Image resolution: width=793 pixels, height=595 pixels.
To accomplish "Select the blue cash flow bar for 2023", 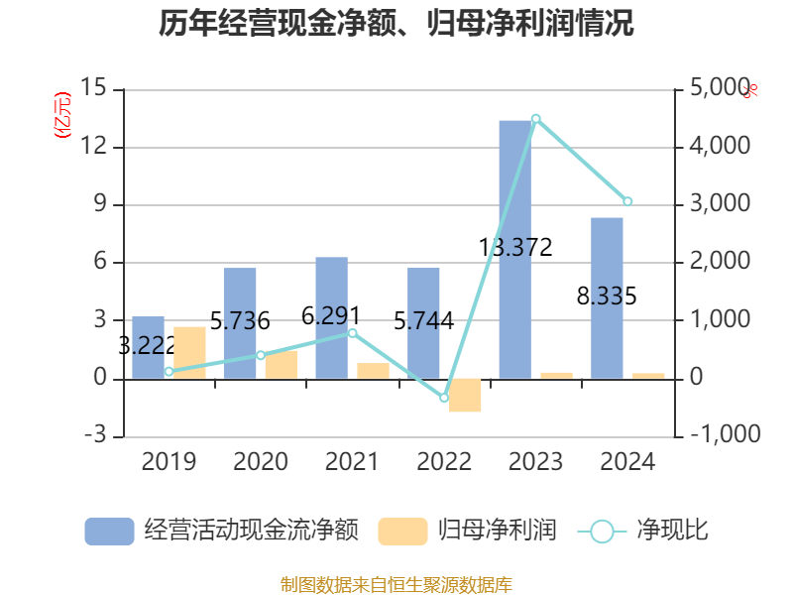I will (x=515, y=249).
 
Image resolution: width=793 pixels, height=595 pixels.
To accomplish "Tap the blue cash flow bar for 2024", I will (x=607, y=297).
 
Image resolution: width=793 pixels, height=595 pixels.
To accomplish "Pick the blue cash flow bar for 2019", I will (x=148, y=347).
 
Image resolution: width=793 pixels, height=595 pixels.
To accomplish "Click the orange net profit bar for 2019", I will (x=189, y=352).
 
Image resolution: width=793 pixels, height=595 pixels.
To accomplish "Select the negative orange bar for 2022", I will (x=464, y=395).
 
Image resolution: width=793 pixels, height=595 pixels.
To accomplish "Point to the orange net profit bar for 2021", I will (x=373, y=371).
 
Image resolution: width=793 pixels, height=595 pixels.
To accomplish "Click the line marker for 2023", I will (x=536, y=119).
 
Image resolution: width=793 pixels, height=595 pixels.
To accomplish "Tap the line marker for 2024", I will (x=627, y=202).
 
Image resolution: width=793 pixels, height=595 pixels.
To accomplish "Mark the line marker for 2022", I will (x=444, y=398).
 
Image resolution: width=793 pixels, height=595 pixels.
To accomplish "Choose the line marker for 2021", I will (x=352, y=333).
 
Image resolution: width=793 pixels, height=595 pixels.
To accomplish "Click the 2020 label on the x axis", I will (x=261, y=462).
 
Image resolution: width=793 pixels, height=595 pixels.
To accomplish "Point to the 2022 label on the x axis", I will (x=444, y=462).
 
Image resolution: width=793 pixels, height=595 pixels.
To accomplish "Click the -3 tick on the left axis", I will (x=95, y=435).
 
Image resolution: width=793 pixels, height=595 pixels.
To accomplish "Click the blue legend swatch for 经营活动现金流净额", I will (x=109, y=531).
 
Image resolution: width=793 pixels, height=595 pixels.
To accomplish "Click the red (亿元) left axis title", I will (x=62, y=114).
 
